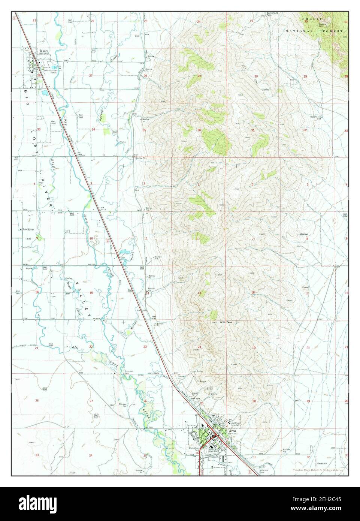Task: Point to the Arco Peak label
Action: click(x=226, y=322)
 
